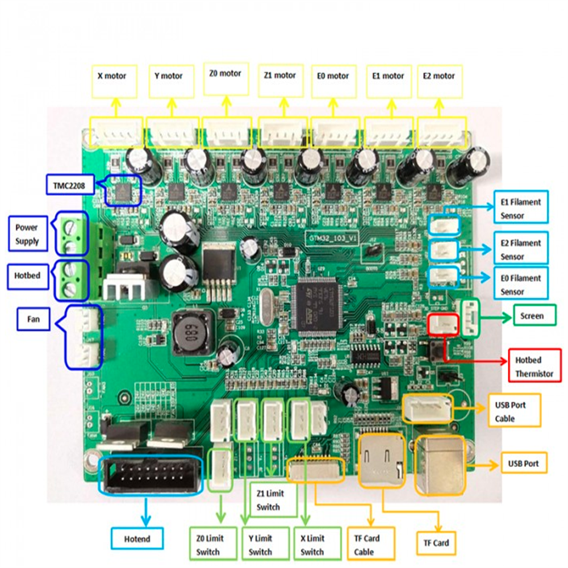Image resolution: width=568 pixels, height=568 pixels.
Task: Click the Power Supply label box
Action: point(27,234)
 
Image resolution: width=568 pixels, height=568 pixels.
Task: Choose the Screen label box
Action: point(531,316)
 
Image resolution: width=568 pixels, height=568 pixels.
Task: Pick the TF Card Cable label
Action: point(366,544)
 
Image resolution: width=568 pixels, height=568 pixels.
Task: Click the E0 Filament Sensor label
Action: point(521,285)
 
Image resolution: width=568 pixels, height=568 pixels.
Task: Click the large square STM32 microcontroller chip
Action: point(316,306)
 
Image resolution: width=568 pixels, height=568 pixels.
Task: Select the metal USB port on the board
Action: point(440,466)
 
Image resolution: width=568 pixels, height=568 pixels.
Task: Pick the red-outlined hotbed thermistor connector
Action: point(442,323)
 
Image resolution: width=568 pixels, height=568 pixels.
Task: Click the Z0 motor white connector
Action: point(227,132)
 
